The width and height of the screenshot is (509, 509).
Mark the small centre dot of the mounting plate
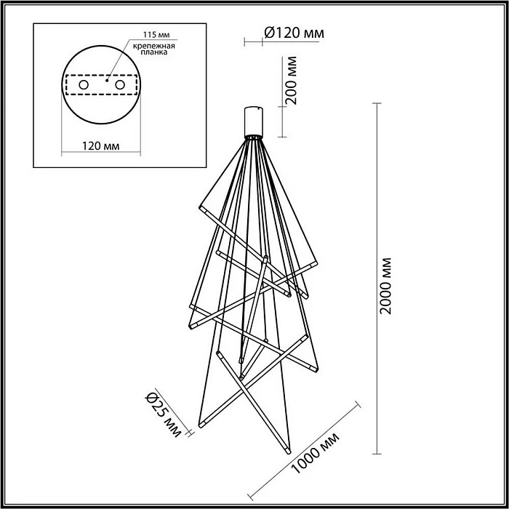tap(107, 83)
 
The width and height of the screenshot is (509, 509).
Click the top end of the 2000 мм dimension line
tap(375, 105)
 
